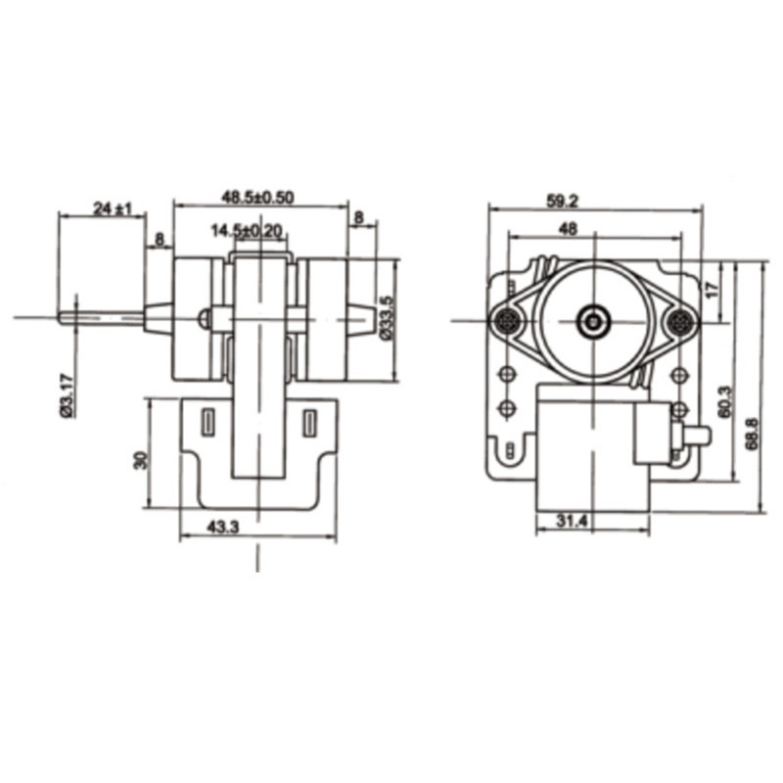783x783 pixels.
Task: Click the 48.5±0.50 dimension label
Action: (257, 198)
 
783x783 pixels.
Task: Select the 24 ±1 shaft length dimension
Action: (113, 208)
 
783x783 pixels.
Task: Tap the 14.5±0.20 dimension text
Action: (247, 231)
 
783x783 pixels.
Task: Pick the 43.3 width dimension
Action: (223, 527)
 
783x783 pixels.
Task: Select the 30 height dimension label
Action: (142, 460)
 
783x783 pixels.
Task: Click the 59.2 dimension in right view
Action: (562, 202)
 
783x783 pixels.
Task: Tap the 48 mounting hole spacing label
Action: (568, 229)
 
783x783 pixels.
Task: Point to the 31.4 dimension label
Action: (573, 522)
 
